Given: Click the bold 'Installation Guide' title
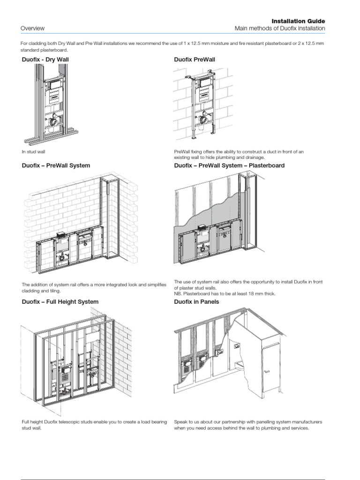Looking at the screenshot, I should (298, 21).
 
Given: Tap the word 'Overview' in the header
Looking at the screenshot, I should (32, 29).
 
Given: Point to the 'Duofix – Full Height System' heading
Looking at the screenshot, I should (60, 302).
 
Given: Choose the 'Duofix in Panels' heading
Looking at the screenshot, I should (196, 302).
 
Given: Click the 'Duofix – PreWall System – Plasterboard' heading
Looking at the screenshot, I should (229, 165).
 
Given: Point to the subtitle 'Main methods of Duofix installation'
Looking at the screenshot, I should (279, 29).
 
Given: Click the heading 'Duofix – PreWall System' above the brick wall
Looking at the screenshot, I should (56, 165).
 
